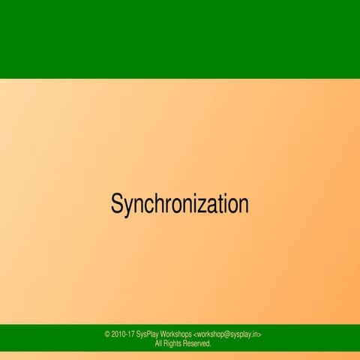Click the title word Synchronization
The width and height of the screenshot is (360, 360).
point(179,204)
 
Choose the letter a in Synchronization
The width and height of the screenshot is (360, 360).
point(211,205)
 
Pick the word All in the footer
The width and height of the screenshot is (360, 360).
point(158,343)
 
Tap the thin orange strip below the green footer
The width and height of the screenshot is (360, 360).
point(180,355)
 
